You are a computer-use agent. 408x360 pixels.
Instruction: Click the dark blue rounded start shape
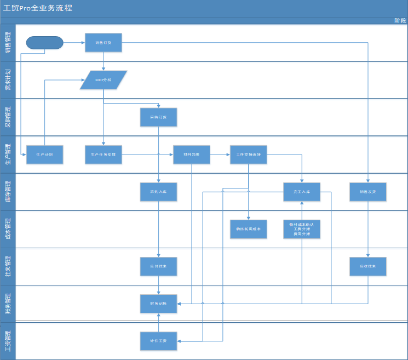(45, 43)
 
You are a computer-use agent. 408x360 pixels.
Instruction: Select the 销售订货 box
(103, 43)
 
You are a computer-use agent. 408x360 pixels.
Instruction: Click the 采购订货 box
(159, 117)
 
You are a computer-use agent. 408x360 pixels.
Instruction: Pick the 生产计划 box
(45, 155)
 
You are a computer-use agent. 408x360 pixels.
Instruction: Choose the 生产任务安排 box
(103, 155)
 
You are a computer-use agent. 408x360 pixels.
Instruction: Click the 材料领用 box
(192, 155)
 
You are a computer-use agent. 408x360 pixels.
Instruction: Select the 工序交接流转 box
(248, 155)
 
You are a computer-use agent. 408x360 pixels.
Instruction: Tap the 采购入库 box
(159, 192)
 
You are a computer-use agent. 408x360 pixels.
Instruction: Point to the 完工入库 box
(302, 192)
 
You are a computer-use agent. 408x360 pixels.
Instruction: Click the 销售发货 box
(368, 192)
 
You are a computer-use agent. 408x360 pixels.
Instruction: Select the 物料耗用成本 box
(248, 229)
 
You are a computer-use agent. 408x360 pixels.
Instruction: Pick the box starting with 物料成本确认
(302, 229)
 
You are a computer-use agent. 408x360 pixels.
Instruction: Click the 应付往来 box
(159, 266)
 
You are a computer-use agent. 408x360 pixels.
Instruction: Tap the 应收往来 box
(368, 266)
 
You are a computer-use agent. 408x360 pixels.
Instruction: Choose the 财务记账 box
(159, 304)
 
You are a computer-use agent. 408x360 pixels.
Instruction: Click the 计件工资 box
(159, 341)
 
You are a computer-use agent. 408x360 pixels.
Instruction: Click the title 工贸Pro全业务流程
(37, 8)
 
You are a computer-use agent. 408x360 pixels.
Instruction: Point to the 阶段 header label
(400, 20)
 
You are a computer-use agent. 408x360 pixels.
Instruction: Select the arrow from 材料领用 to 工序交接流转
(220, 155)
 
